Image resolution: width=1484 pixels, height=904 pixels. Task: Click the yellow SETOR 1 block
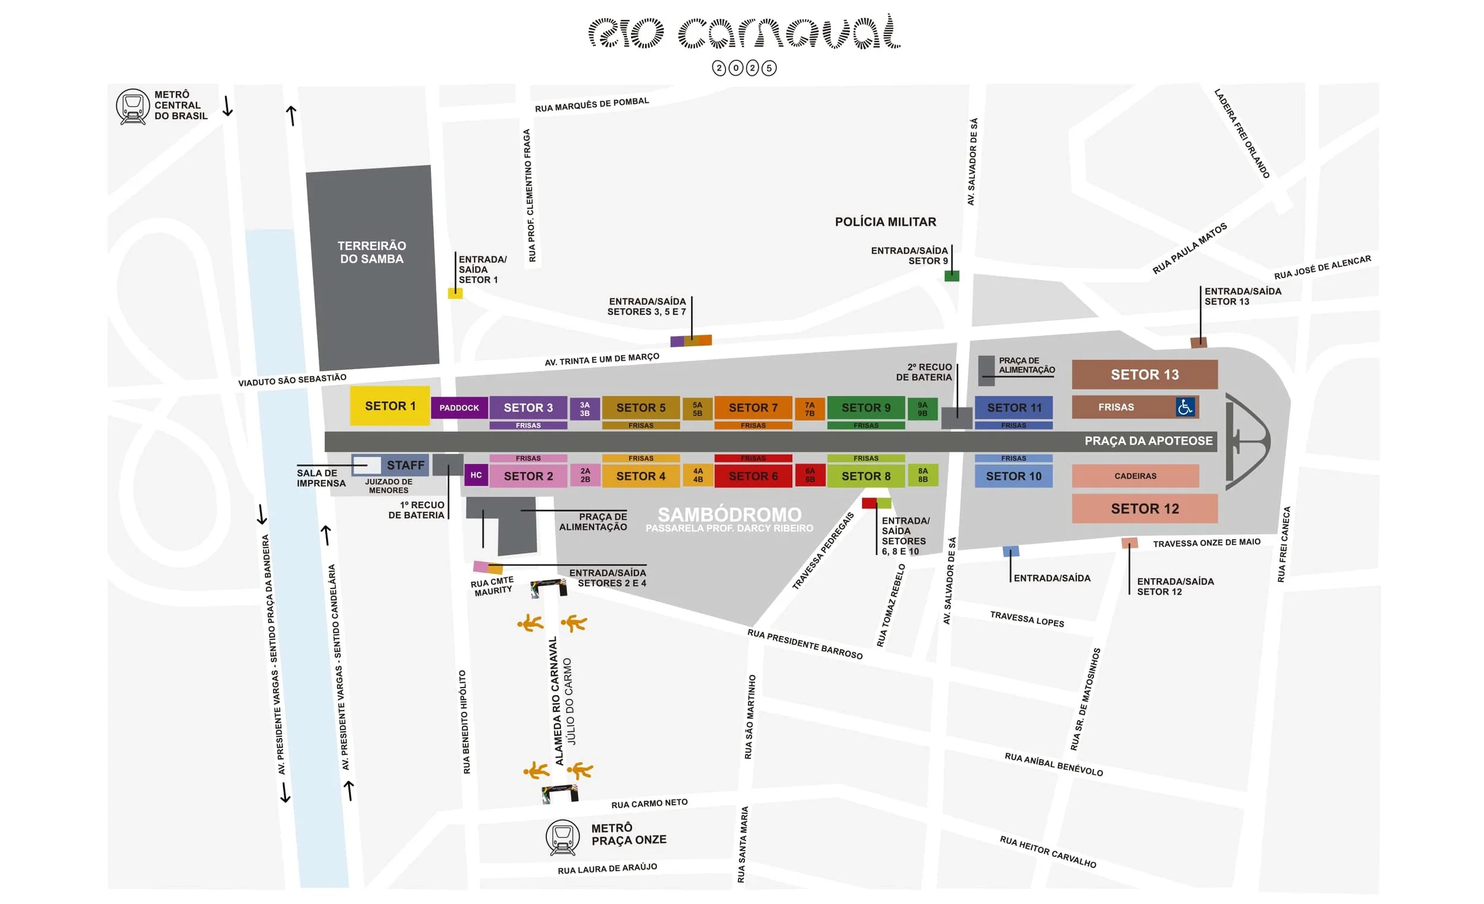click(x=389, y=406)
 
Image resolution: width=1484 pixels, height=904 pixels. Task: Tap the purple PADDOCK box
click(x=459, y=408)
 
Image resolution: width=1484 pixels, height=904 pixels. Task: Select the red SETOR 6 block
click(x=753, y=476)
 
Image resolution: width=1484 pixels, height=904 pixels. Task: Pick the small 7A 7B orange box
click(x=810, y=409)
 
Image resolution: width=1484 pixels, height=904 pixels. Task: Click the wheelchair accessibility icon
click(x=1185, y=407)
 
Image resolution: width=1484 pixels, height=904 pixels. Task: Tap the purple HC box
click(x=476, y=475)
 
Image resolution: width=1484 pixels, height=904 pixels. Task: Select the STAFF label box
click(x=405, y=464)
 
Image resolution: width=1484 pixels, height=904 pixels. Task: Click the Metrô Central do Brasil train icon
click(x=132, y=106)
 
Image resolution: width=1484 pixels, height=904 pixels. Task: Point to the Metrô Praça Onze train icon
click(x=562, y=836)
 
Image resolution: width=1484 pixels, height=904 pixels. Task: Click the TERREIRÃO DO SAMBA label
click(x=372, y=252)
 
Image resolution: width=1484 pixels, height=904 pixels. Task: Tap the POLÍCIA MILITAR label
click(x=885, y=221)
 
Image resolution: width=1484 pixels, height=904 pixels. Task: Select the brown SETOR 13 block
click(x=1144, y=374)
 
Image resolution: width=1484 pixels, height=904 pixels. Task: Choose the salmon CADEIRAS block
click(x=1135, y=476)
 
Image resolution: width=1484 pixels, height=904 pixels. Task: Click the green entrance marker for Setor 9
click(x=952, y=276)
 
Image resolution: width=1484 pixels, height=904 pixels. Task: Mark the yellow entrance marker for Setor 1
click(x=455, y=293)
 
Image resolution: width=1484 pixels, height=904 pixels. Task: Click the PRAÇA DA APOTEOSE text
click(x=1148, y=441)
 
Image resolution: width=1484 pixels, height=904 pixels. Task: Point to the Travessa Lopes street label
click(x=1027, y=619)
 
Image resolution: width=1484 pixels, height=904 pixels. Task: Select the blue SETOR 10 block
click(x=1013, y=476)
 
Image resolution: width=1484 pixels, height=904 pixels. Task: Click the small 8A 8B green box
click(x=922, y=476)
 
